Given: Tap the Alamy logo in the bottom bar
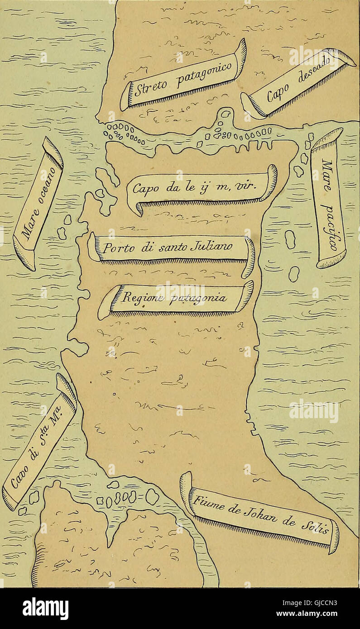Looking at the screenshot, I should [45, 608].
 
